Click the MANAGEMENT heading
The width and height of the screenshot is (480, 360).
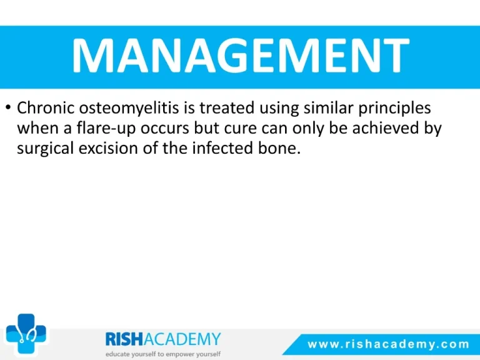coord(241,56)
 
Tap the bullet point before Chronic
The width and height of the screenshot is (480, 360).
coord(8,107)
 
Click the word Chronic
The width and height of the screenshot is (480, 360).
coord(46,107)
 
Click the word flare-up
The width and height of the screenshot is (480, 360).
coord(106,129)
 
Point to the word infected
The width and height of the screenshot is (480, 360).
coord(222,148)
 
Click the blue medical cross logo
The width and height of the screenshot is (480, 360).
coord(26,334)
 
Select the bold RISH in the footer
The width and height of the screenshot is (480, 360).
coord(124,339)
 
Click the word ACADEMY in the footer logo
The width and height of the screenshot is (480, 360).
coord(182,339)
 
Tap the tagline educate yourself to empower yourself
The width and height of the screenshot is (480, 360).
coord(163,354)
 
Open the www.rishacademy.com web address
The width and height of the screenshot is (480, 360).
coord(388,344)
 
